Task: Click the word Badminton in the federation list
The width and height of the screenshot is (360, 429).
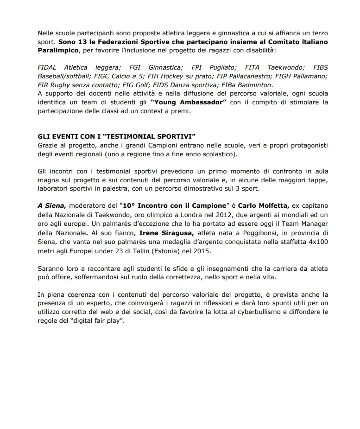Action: (257, 85)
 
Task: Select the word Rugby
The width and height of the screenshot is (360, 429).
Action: (58, 85)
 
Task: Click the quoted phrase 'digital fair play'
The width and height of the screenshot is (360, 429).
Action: (98, 321)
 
